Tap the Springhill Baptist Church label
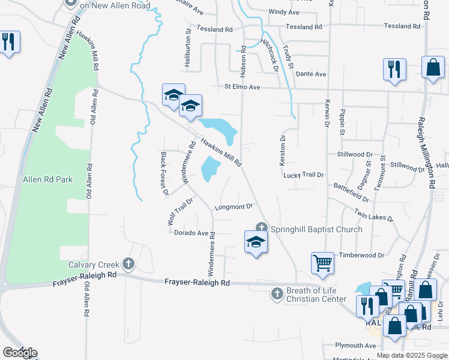(x=316, y=229)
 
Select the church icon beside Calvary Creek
(x=128, y=263)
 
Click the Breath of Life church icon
(x=277, y=293)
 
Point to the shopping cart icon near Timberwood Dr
(x=322, y=263)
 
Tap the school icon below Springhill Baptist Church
(x=256, y=242)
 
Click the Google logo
(x=19, y=353)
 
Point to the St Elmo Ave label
(x=242, y=87)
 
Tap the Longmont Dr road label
(x=232, y=207)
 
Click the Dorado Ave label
(x=191, y=233)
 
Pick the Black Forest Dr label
(x=164, y=174)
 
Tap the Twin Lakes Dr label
(x=373, y=215)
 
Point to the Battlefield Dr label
(x=351, y=192)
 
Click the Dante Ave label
(x=310, y=74)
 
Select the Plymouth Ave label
(x=355, y=346)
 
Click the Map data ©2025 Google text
(x=412, y=355)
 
